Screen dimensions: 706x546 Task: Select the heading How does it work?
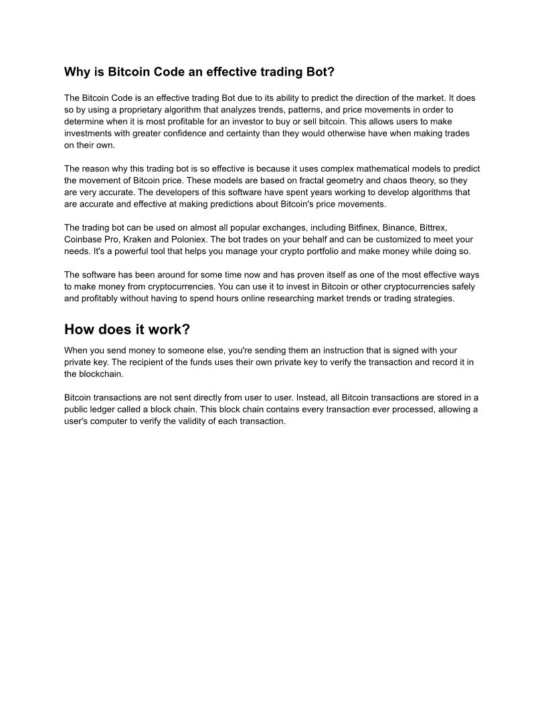[x=127, y=330]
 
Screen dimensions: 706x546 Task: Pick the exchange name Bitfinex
[x=362, y=227]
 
